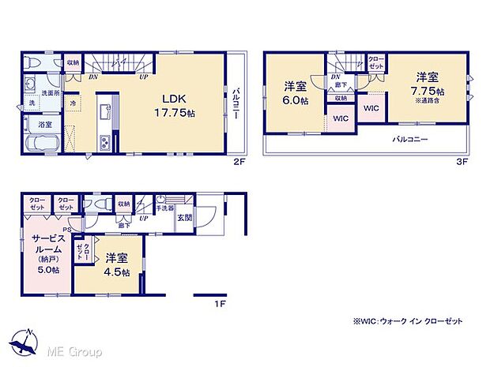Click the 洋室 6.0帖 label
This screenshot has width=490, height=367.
tap(295, 93)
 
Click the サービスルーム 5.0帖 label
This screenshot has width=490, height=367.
tap(43, 253)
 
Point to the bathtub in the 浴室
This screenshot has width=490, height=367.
tap(40, 144)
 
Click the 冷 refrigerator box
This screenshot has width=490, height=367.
tap(73, 103)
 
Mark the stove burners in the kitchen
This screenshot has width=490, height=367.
tap(102, 142)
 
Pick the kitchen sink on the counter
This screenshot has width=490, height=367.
tap(102, 108)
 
